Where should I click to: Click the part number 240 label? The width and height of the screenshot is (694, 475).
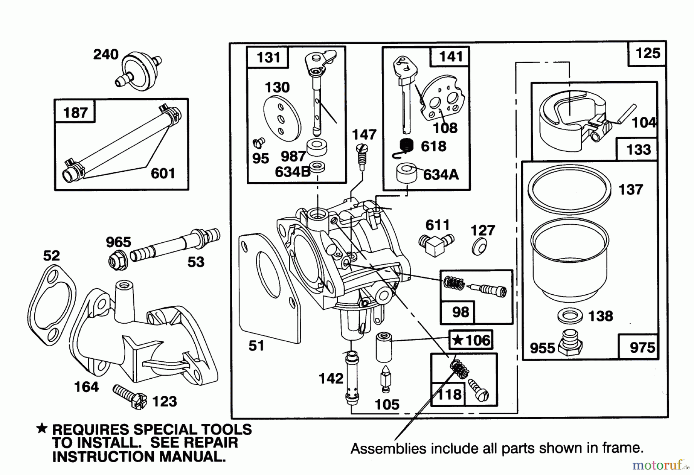(106, 54)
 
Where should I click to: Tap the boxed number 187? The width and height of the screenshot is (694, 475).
(75, 112)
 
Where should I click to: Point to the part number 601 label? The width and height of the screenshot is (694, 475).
(163, 173)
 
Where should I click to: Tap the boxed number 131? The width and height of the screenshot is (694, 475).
(268, 57)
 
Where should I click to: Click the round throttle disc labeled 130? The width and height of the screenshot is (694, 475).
(281, 119)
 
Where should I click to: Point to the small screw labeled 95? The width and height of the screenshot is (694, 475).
(258, 143)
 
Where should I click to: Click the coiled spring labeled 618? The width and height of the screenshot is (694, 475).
(406, 147)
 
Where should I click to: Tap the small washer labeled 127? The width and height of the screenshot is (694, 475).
(478, 247)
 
